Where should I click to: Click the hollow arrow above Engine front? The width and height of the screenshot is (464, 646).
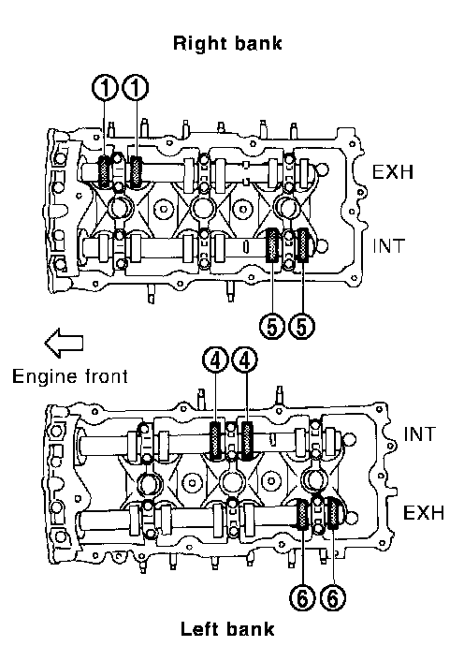(64, 343)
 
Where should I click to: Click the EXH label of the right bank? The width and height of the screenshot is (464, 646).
(393, 172)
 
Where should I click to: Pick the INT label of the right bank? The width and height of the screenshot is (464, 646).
(389, 246)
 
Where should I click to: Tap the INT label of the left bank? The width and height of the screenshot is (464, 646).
(419, 434)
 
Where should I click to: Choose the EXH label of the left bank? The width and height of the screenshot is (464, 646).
(424, 513)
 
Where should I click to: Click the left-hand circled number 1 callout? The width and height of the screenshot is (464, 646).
(106, 88)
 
